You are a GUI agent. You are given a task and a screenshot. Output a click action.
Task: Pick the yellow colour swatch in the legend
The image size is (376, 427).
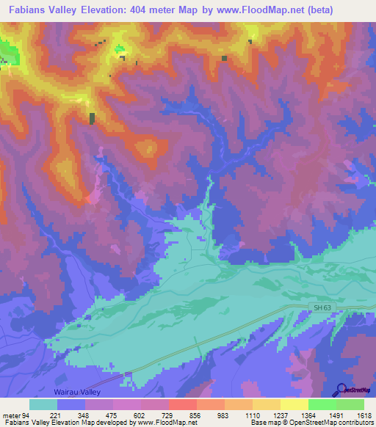(x=294, y=405)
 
